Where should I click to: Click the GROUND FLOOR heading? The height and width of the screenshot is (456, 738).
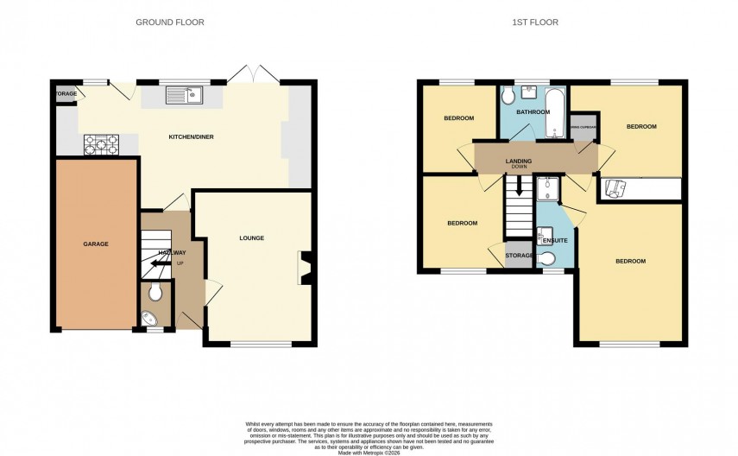tap(170, 22)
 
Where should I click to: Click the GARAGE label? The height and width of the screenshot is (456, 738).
tap(96, 244)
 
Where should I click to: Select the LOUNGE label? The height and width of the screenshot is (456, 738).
tap(252, 238)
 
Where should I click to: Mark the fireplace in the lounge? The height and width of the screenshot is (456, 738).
tap(304, 267)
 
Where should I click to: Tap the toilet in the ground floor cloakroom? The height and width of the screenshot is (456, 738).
tap(155, 293)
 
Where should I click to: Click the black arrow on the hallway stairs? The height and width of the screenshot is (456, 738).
tap(160, 265)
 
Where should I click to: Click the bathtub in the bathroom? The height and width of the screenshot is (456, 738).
tap(557, 112)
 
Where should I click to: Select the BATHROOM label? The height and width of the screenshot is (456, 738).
tap(533, 112)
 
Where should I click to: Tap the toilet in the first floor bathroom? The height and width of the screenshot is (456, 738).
tap(509, 94)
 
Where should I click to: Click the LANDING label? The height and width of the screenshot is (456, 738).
tap(519, 161)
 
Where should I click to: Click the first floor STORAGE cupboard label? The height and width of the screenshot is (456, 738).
tap(519, 256)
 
